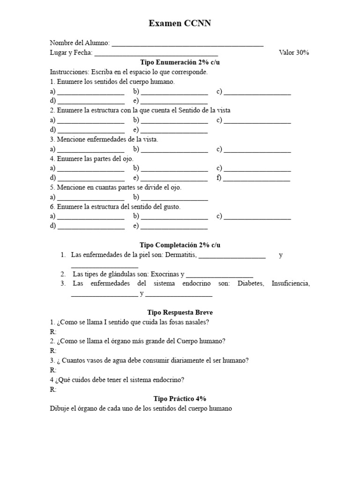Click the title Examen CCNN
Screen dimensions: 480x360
180,23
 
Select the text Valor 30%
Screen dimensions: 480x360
294,52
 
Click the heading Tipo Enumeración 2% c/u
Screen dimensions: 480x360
180,62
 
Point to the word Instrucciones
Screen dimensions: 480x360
69,72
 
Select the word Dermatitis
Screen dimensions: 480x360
181,255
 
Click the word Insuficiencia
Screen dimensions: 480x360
290,284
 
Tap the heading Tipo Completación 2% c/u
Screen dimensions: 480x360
180,245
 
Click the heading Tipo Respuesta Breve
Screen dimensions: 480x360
180,312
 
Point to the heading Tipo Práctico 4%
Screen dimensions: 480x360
180,398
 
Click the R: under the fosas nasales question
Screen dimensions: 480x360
53,331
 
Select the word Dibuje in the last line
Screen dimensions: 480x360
60,408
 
